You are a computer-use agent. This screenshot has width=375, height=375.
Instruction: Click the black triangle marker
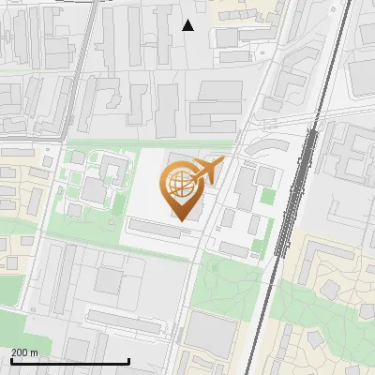tap(188, 25)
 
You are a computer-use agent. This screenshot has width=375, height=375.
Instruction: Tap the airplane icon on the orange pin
tap(206, 171)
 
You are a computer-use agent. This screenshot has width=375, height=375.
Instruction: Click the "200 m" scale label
tap(24, 352)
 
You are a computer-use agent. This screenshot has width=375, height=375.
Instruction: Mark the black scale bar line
tap(69, 361)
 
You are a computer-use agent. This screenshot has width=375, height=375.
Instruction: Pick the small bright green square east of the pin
tap(268, 197)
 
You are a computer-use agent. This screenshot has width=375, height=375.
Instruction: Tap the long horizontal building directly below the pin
tap(156, 228)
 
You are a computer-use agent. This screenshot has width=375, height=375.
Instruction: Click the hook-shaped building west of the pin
tap(114, 170)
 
